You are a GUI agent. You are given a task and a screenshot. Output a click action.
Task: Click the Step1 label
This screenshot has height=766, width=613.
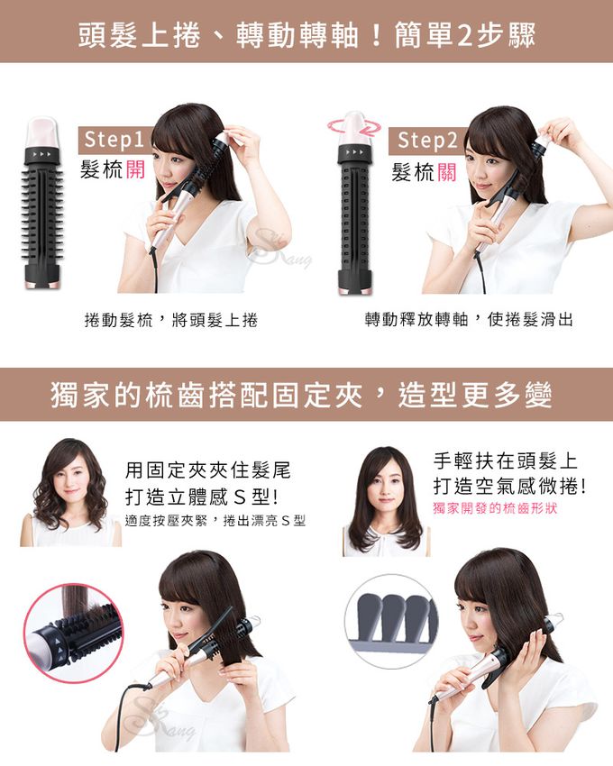click(114, 140)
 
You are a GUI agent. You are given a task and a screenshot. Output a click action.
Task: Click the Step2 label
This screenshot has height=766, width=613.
click(427, 141)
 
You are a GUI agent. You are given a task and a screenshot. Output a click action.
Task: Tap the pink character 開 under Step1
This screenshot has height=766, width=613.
click(135, 169)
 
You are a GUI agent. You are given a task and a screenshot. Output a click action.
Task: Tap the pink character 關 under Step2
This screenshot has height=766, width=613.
click(446, 172)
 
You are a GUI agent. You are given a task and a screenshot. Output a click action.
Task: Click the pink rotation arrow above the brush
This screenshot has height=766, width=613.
click(354, 126)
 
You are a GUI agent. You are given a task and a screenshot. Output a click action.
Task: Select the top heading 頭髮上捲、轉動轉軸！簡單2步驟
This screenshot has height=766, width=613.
click(306, 35)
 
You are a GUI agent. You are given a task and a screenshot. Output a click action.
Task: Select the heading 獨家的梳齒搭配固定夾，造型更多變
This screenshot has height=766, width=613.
click(302, 396)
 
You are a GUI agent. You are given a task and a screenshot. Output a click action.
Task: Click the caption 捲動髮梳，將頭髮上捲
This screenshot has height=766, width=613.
click(171, 320)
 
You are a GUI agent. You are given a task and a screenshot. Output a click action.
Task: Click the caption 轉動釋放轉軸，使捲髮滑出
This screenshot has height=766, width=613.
click(469, 320)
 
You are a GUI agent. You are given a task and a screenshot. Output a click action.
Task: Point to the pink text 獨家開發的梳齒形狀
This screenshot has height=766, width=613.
click(495, 508)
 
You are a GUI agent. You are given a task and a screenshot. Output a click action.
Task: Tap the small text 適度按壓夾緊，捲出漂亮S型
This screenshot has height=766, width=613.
click(215, 521)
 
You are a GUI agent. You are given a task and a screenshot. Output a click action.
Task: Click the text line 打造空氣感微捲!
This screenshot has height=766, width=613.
click(509, 486)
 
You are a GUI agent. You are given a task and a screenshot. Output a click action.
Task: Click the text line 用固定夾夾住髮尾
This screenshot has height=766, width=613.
click(207, 470)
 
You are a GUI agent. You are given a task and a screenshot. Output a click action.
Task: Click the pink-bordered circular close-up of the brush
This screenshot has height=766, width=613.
click(73, 634)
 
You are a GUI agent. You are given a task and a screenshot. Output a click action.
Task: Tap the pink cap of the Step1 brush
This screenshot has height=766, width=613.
click(42, 132)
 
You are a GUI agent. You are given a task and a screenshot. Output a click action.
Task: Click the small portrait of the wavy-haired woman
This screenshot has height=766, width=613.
click(70, 492)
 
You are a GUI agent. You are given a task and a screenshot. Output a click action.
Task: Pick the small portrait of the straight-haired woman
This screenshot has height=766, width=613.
click(386, 501)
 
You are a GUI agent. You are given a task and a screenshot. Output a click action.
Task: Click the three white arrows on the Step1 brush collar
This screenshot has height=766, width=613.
click(41, 154)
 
